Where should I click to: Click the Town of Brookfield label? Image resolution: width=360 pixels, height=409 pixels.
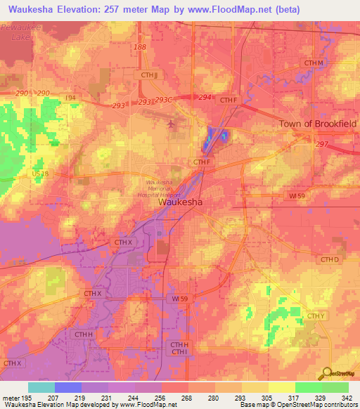pos(319,124)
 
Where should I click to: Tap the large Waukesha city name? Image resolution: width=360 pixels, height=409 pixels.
pos(181,202)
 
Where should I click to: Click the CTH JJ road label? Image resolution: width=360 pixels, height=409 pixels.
pos(147,74)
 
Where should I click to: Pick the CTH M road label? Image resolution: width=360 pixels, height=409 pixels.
pos(314,64)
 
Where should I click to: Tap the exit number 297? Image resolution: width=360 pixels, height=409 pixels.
pos(322,144)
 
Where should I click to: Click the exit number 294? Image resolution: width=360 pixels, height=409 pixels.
pos(205,98)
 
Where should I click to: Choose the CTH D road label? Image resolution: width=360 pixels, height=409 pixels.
pos(330,260)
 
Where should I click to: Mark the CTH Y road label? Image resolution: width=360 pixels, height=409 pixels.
pos(316,317)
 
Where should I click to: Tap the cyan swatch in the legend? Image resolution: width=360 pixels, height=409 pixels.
pos(41,387)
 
